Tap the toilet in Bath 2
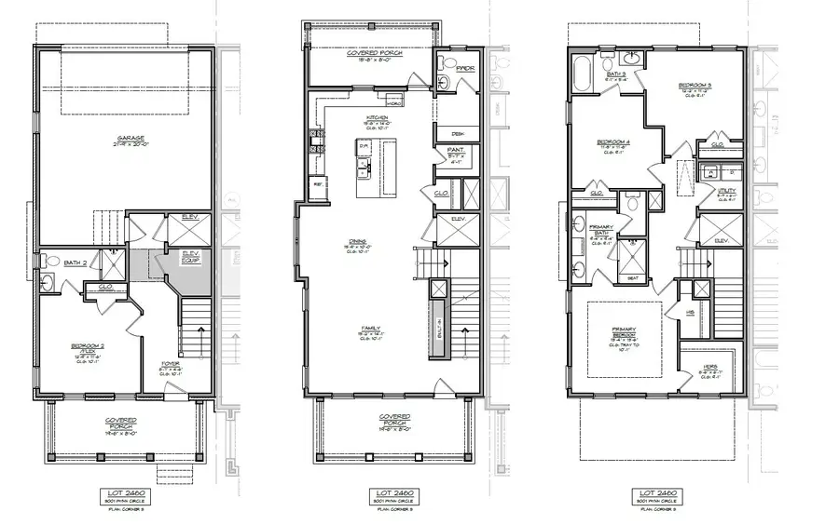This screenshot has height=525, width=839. point(51,262)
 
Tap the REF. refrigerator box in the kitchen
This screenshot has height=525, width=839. point(319,184)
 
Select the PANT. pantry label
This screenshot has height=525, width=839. point(456,150)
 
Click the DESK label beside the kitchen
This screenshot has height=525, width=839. point(458,133)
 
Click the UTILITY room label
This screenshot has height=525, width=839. point(726,193)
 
